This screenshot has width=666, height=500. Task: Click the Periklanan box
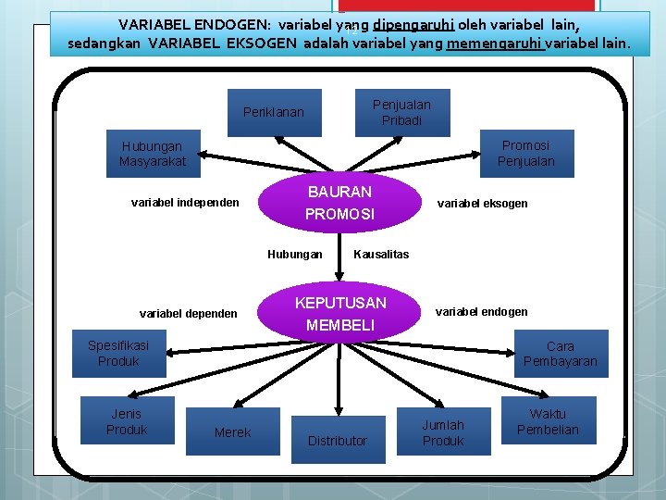(274, 113)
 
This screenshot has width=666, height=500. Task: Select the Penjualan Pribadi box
(401, 113)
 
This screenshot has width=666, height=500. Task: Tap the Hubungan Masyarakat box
(153, 154)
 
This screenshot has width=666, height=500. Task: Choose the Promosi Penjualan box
(526, 154)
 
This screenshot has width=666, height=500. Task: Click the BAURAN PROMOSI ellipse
(339, 203)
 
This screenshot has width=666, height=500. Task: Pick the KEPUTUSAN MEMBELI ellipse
(339, 314)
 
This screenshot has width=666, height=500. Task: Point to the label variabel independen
(185, 203)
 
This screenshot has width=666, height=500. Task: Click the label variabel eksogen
(482, 204)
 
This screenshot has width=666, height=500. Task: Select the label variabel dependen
(189, 314)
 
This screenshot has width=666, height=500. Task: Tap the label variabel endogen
(481, 312)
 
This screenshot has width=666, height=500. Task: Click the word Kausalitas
(381, 255)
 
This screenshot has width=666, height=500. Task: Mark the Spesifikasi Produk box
(119, 354)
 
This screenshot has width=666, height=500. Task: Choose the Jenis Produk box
(127, 421)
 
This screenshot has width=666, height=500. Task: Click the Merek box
(232, 432)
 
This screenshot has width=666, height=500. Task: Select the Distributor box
(338, 441)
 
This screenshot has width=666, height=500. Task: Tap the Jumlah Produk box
(443, 432)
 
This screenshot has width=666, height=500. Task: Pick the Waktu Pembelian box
(548, 421)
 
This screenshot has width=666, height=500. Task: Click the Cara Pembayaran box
(561, 354)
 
